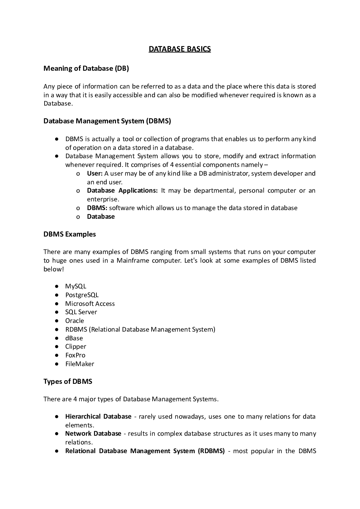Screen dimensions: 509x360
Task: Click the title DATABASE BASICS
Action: [179, 49]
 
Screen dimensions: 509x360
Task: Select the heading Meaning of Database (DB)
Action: [86, 68]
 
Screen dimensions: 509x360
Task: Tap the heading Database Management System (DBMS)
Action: [107, 121]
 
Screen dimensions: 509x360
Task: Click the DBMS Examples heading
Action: [70, 234]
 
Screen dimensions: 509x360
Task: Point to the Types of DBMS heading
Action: [68, 381]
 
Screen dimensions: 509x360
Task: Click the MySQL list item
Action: [75, 286]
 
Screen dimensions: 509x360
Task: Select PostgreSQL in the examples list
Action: [82, 295]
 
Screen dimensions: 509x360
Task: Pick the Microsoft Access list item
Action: [90, 304]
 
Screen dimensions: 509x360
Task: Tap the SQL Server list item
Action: [81, 312]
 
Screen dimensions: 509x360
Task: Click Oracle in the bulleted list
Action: [74, 321]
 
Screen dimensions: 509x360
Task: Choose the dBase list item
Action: [74, 338]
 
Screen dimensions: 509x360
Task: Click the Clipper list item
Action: [75, 346]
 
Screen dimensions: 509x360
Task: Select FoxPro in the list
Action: [75, 355]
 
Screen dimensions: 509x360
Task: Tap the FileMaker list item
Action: [79, 364]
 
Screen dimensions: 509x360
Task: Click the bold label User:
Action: [95, 173]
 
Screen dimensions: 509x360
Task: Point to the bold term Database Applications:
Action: [122, 190]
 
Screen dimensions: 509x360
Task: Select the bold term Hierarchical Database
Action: [98, 416]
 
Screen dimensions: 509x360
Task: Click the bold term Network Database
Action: [93, 434]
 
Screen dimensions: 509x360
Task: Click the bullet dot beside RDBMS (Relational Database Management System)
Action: [57, 329]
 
